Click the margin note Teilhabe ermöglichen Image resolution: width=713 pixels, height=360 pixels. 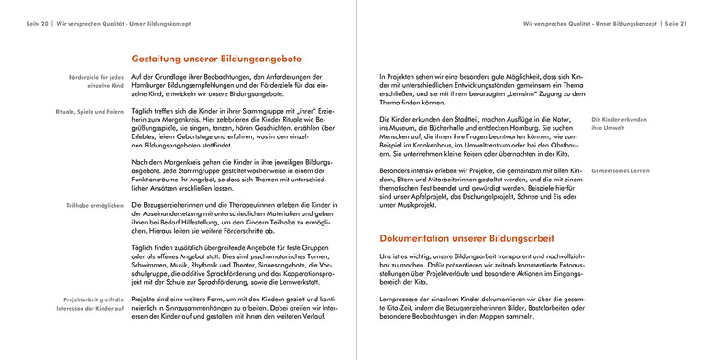point(94,205)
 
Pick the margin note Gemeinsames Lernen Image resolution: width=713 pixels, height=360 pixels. point(620,170)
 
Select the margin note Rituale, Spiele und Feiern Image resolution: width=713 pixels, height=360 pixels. point(89,111)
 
